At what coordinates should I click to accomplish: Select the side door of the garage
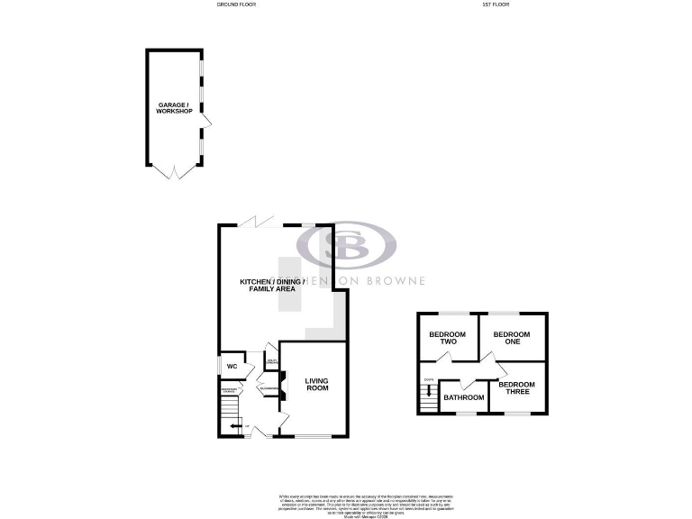(206, 122)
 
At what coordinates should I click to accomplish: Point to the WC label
(231, 366)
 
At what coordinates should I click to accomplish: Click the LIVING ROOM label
(316, 385)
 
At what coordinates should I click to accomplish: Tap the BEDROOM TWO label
(446, 339)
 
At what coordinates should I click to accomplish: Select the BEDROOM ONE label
(512, 339)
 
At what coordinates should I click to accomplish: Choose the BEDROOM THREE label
(517, 388)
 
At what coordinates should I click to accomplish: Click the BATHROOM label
(463, 397)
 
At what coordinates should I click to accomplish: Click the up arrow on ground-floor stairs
(233, 425)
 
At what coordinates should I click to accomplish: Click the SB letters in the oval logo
(346, 245)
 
